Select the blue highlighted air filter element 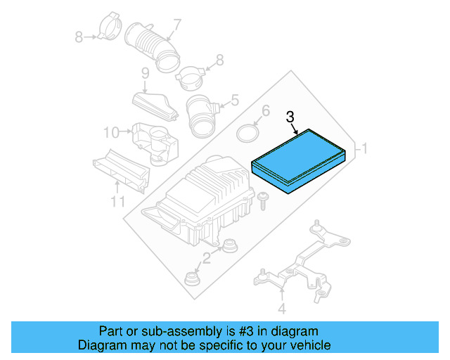point(299,162)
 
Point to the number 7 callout point(176,25)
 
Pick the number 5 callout point(236,100)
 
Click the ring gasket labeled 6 point(247,134)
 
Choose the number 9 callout point(145,73)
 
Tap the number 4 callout point(281,308)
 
